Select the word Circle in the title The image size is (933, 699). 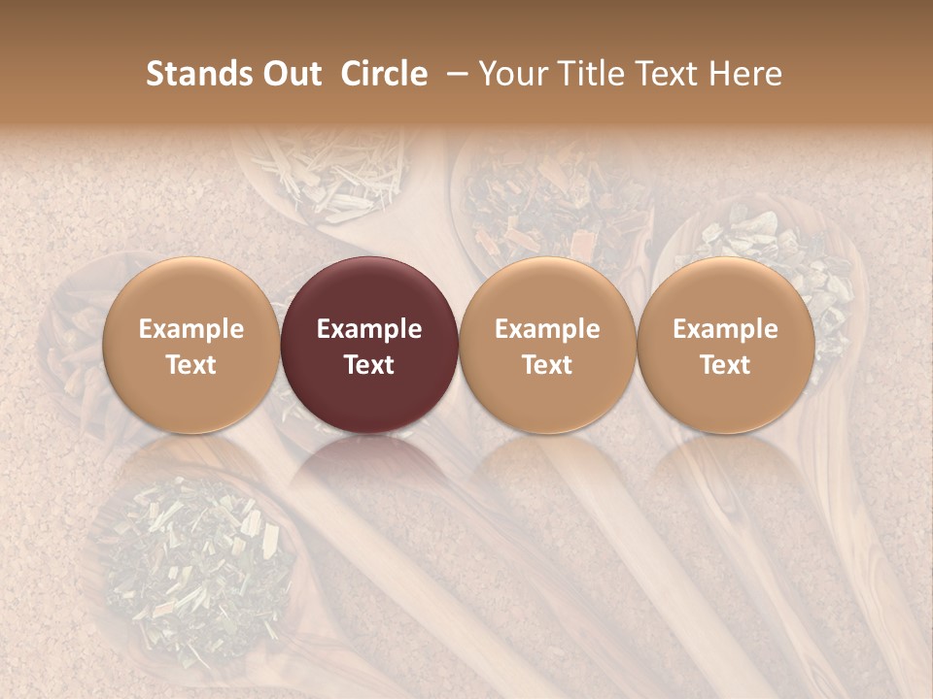coord(384,74)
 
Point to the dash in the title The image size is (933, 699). coord(454,75)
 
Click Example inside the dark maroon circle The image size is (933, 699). coord(369,329)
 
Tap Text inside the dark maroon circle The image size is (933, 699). coord(369,365)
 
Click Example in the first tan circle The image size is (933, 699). coord(191,329)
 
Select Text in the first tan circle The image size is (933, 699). coord(191,365)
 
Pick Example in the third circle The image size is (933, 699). coord(547,329)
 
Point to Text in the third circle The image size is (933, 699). coord(547,365)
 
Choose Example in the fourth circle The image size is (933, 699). coord(726,329)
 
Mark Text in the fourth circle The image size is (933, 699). coord(726,365)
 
